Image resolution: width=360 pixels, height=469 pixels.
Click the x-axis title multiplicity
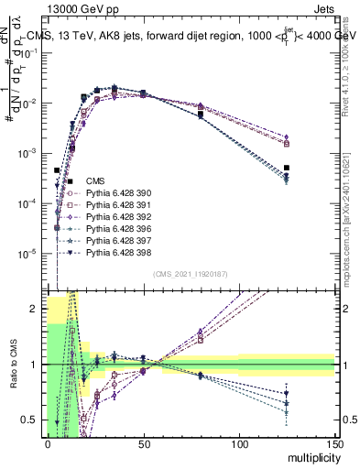311,455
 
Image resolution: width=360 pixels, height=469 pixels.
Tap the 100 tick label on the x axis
239,443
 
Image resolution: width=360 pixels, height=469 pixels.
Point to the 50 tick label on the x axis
143,443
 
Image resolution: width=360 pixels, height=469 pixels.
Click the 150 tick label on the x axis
334,443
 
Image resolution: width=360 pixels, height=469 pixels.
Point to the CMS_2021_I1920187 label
190,274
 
